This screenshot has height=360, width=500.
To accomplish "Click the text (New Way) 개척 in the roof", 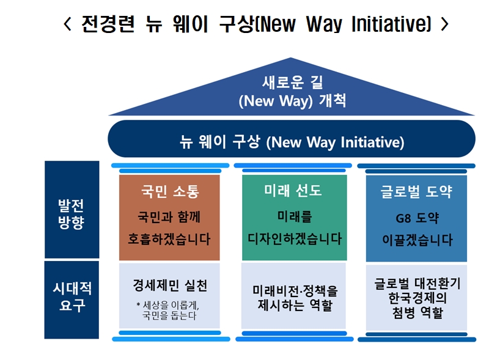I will [292, 100].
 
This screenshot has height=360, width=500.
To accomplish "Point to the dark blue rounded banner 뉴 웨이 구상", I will [292, 142].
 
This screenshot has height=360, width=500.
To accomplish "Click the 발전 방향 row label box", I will [72, 210].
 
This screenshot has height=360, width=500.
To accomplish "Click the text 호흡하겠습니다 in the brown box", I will [169, 239].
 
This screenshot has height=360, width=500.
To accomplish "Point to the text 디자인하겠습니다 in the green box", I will [294, 238].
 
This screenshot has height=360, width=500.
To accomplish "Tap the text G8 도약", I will [417, 218].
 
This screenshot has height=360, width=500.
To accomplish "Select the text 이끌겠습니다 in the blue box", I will [417, 240].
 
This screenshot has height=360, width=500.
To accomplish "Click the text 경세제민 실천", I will [169, 285].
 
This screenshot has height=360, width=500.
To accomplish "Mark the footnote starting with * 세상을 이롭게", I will [168, 310].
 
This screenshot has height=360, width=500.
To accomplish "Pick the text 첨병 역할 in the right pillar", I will [417, 314].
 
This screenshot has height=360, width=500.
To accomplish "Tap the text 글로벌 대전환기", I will [417, 284].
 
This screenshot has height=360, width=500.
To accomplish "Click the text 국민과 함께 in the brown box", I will [169, 217].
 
